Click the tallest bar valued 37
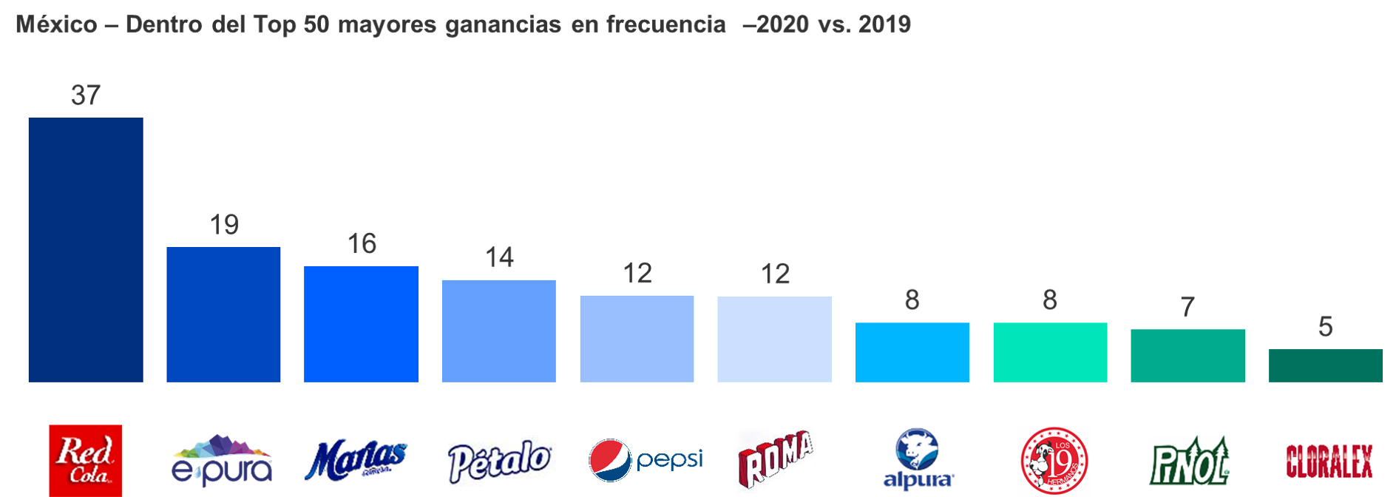click(86, 250)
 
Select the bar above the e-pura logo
click(223, 314)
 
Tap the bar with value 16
click(362, 324)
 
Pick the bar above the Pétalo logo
click(499, 331)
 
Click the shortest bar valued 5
click(1326, 365)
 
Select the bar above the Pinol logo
click(1187, 356)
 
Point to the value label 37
click(86, 95)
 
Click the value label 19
click(223, 225)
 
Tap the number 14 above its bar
click(499, 257)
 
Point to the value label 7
click(1187, 307)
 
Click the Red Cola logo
click(86, 460)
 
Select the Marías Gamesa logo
click(356, 460)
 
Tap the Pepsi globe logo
click(611, 460)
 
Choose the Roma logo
click(776, 460)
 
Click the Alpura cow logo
click(917, 459)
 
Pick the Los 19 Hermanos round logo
click(1054, 460)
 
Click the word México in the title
click(57, 24)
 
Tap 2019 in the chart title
click(884, 24)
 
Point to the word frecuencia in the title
click(665, 24)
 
